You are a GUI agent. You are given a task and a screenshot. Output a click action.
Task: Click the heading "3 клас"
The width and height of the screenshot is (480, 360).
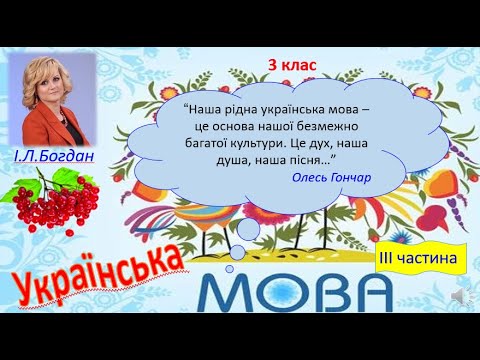292,65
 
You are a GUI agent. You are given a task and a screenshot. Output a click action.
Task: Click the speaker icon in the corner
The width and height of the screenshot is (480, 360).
461,298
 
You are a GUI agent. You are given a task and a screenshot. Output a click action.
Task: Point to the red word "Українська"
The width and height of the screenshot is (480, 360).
100,271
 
